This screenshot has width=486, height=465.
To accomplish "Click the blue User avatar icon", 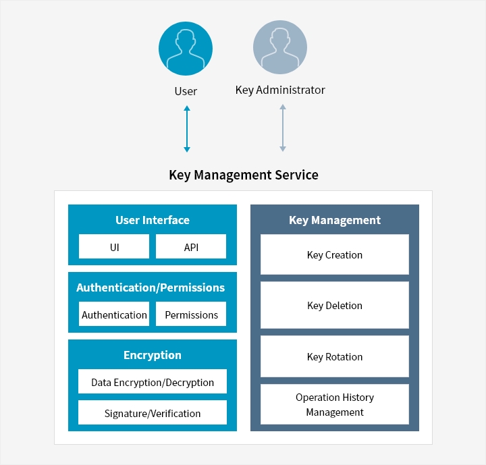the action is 186,49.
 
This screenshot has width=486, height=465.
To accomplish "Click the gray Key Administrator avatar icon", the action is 280,47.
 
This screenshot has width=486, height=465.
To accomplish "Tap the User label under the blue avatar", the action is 186,91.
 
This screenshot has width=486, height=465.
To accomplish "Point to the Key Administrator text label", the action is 280,90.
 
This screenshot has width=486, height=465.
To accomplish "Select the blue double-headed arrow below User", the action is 187,129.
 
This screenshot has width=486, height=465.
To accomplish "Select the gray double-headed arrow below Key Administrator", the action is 283,128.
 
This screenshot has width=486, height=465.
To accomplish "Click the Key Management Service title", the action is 244,175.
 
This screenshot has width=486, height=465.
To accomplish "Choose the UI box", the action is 114,246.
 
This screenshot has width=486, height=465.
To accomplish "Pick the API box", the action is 191,246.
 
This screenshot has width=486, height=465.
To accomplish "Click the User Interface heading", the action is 153,220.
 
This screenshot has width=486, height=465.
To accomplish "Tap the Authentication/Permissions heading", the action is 151,288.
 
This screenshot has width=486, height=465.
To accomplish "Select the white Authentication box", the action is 114,314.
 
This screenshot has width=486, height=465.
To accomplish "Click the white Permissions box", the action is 191,314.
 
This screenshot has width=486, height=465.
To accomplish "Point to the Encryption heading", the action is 153,355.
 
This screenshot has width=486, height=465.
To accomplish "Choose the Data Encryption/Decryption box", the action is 153,381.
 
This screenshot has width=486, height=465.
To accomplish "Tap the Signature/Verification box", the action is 153,412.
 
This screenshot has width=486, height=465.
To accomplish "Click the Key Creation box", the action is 335,254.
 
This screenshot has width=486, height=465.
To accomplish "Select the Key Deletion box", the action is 335,305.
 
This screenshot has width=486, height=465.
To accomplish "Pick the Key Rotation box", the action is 335,356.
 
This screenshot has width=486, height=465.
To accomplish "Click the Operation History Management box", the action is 335,404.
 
